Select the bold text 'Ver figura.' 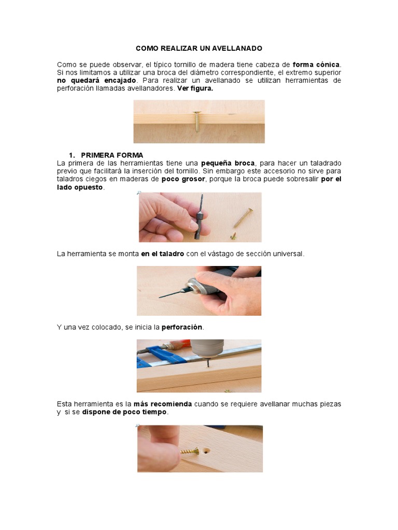coord(195,89)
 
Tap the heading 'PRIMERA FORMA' coord(112,155)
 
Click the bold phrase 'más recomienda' coord(163,404)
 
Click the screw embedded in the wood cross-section coord(197,121)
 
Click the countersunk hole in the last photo coord(207,451)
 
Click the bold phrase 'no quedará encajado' coord(96,81)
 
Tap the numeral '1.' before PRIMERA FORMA coord(73,155)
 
